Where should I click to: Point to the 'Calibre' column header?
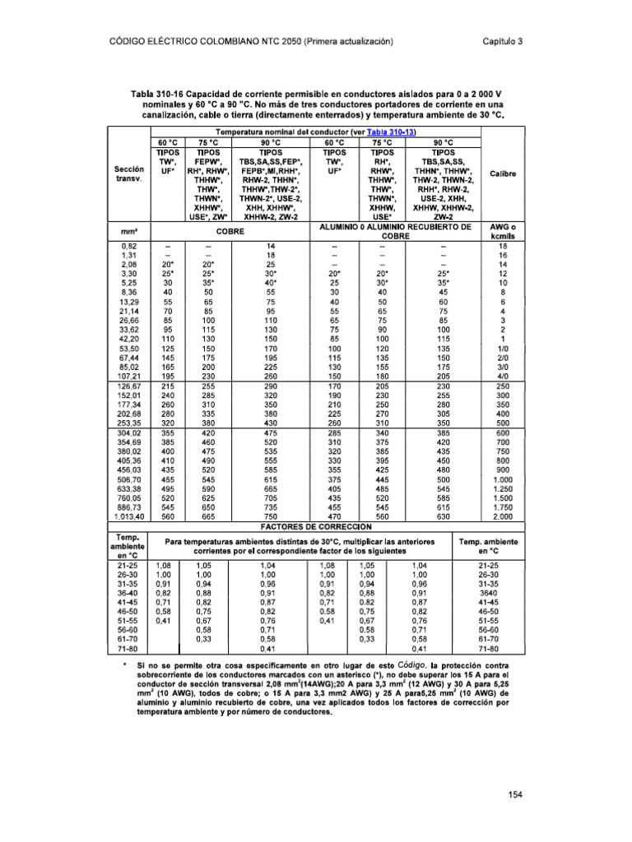pyautogui.click(x=502, y=173)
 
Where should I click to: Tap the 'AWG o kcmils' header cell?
pyautogui.click(x=502, y=232)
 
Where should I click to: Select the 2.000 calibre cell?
pyautogui.click(x=502, y=516)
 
